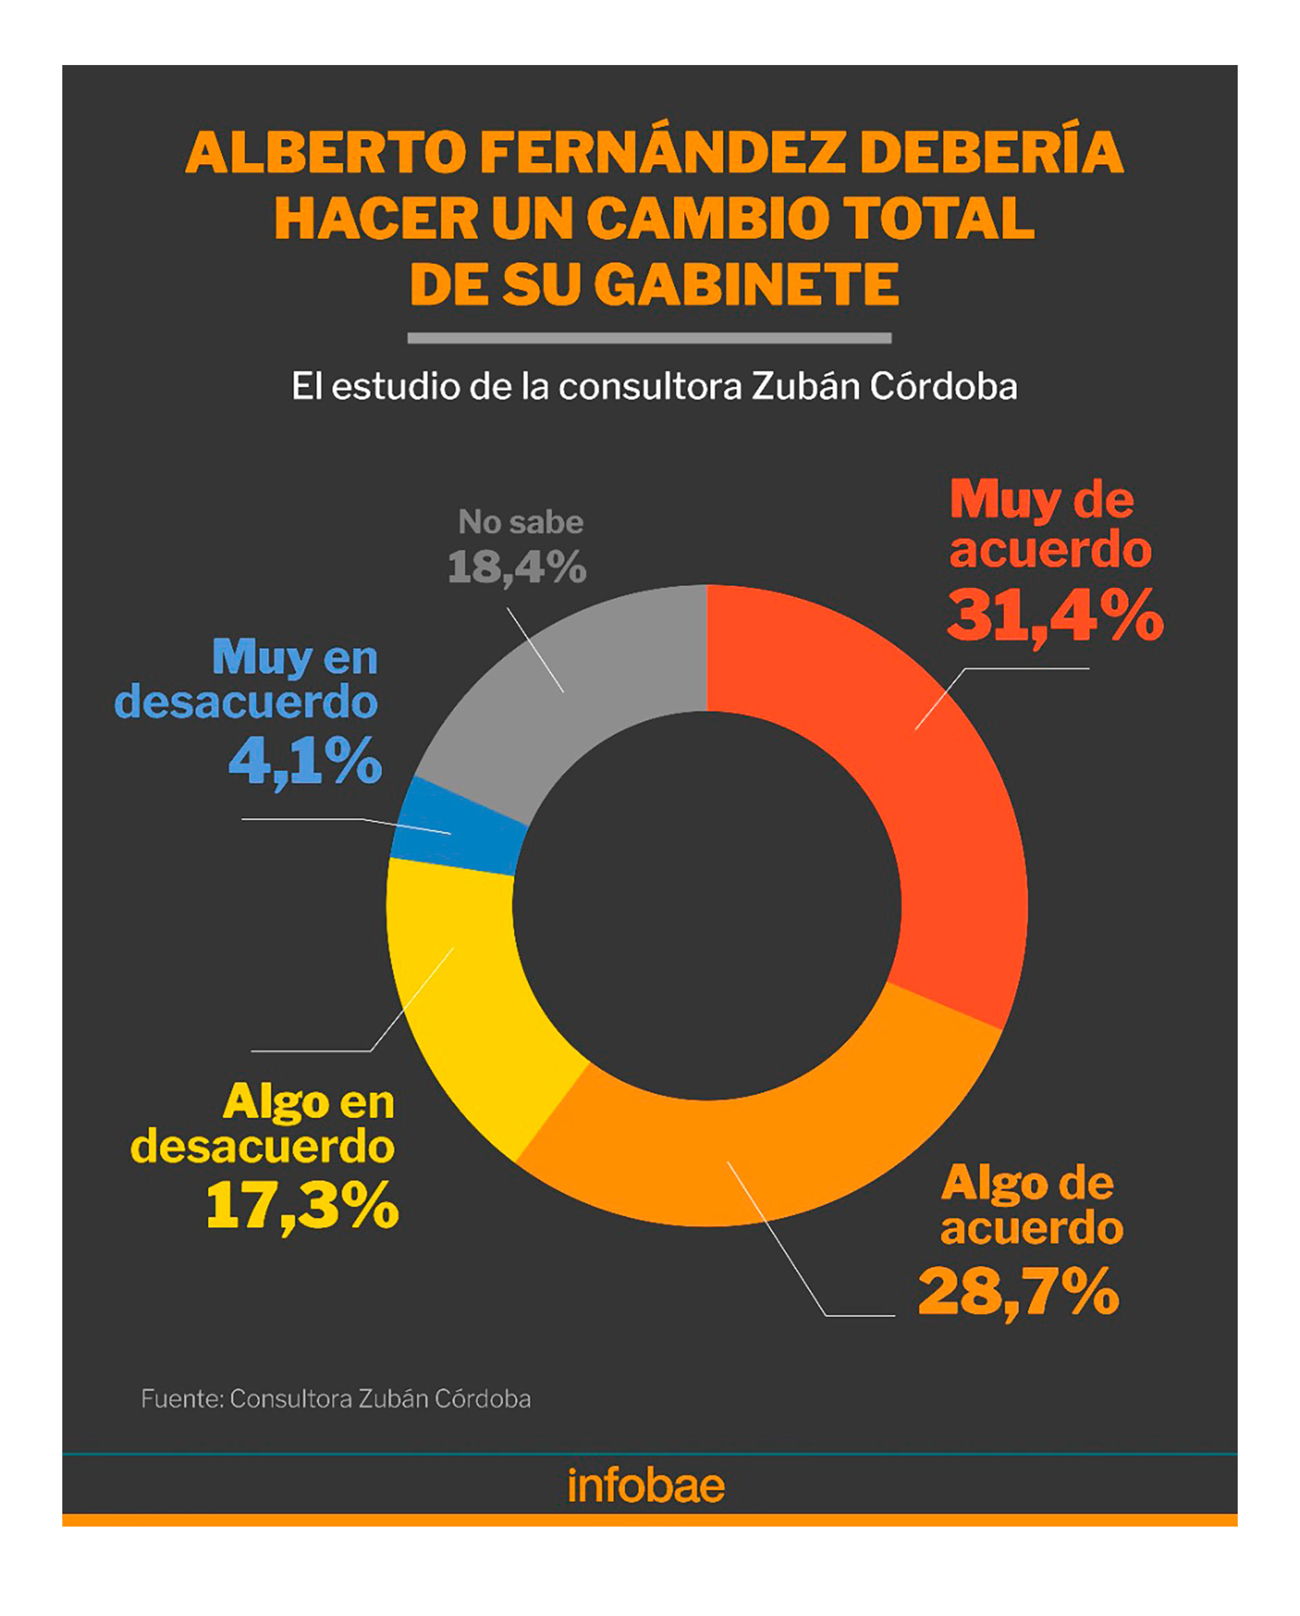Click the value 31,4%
point(1054,616)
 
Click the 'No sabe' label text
point(521,522)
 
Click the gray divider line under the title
point(649,338)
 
